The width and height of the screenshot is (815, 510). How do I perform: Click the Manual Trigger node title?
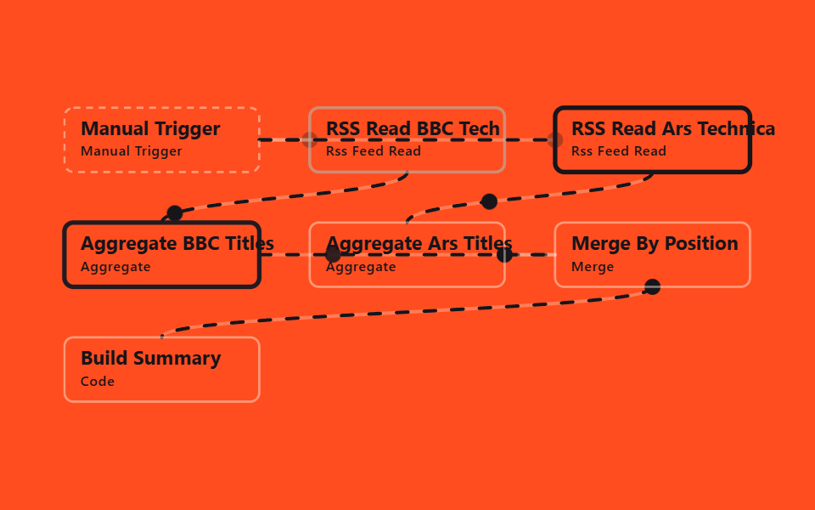click(x=150, y=128)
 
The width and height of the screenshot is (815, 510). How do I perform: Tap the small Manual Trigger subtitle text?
click(x=132, y=151)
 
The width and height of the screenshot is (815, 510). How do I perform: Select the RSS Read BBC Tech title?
click(x=413, y=128)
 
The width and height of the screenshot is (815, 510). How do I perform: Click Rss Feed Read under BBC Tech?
click(x=374, y=151)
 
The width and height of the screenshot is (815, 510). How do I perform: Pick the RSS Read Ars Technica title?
click(x=673, y=128)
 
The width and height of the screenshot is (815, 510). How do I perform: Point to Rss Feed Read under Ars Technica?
click(x=619, y=151)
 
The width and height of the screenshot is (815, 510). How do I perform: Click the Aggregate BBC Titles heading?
click(x=177, y=244)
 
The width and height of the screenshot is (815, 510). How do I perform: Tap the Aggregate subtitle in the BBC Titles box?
click(x=115, y=267)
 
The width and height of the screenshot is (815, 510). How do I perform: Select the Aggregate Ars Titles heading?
click(x=419, y=244)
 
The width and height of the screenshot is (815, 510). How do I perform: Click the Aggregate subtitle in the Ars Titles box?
click(x=361, y=267)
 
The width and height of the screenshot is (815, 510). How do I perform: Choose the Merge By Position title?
click(x=655, y=244)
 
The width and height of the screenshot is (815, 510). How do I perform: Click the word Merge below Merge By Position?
click(x=593, y=267)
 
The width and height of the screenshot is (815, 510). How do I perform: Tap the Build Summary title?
click(x=151, y=358)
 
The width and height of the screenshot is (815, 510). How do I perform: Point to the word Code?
click(x=98, y=382)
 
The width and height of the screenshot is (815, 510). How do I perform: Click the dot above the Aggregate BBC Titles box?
click(x=175, y=212)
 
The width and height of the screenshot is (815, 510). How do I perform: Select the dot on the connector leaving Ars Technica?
click(x=489, y=201)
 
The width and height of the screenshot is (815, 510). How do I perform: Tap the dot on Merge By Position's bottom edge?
click(x=652, y=286)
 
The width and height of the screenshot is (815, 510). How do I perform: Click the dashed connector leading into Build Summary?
click(x=406, y=312)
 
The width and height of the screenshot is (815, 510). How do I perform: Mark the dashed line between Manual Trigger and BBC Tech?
click(x=284, y=140)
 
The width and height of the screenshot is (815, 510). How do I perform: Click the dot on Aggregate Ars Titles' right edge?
click(x=504, y=255)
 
